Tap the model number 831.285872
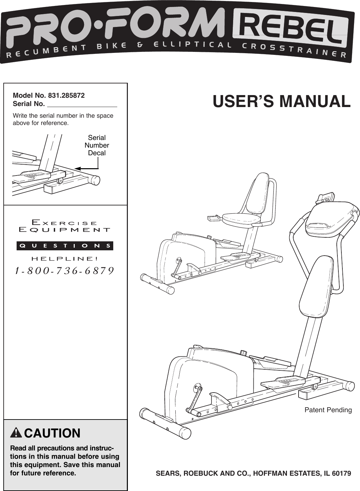click(66, 96)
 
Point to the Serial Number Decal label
click(97, 145)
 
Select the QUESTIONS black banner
click(65, 246)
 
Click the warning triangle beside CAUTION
click(16, 433)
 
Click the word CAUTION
click(52, 433)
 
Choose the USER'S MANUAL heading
click(282, 101)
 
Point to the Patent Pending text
click(328, 410)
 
